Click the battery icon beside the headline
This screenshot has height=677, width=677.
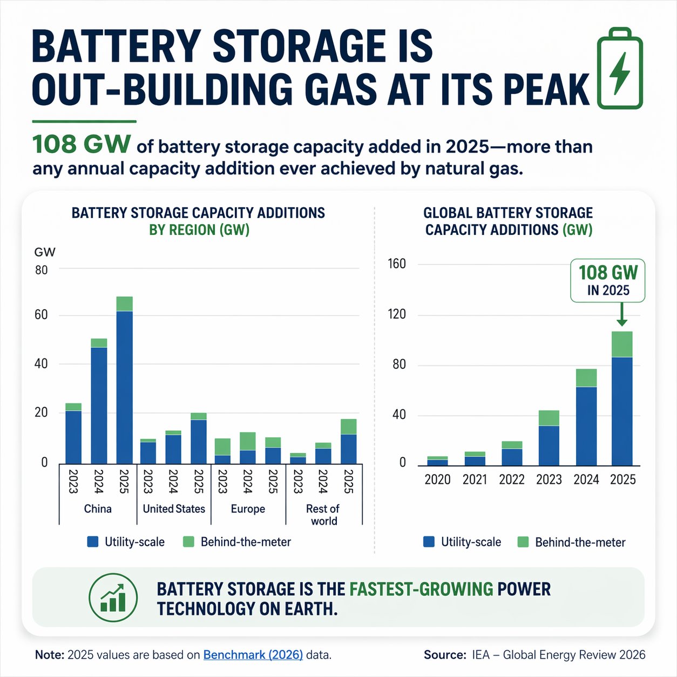[620, 69]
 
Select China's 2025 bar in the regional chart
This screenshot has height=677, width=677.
[124, 381]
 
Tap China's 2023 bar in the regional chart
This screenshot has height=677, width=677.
[73, 434]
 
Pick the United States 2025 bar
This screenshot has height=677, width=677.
[199, 438]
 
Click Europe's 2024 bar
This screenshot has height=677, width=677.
[247, 448]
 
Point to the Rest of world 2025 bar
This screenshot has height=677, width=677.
[348, 442]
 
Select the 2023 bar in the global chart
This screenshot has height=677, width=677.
[549, 438]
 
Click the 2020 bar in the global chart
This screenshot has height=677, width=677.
[437, 461]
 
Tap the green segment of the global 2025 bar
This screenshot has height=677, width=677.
[622, 344]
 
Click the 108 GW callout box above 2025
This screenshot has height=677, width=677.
[608, 280]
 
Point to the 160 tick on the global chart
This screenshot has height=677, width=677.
[397, 264]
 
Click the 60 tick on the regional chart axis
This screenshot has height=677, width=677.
[41, 315]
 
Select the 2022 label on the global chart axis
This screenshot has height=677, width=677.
[512, 479]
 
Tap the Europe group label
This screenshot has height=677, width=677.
[248, 509]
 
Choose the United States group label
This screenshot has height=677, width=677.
[174, 509]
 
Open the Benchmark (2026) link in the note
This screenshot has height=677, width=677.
[253, 655]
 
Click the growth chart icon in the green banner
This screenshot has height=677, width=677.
[113, 597]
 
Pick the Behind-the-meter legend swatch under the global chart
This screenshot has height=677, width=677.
[523, 542]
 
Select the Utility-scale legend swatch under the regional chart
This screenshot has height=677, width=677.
[93, 541]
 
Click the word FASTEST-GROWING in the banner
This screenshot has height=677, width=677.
[421, 589]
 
